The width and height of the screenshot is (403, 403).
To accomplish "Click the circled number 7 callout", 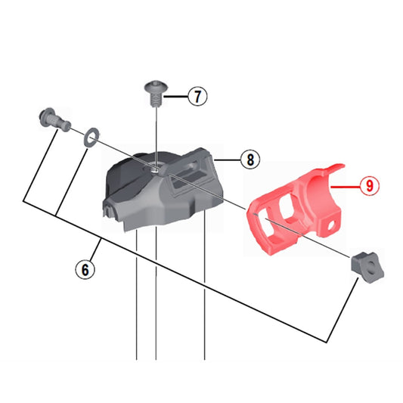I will coord(197,97).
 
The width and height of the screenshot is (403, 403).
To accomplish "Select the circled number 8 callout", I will coord(247,160).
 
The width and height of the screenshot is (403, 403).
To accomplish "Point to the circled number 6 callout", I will coord(85,268).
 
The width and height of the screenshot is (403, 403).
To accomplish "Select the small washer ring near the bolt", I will coord(88,135).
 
